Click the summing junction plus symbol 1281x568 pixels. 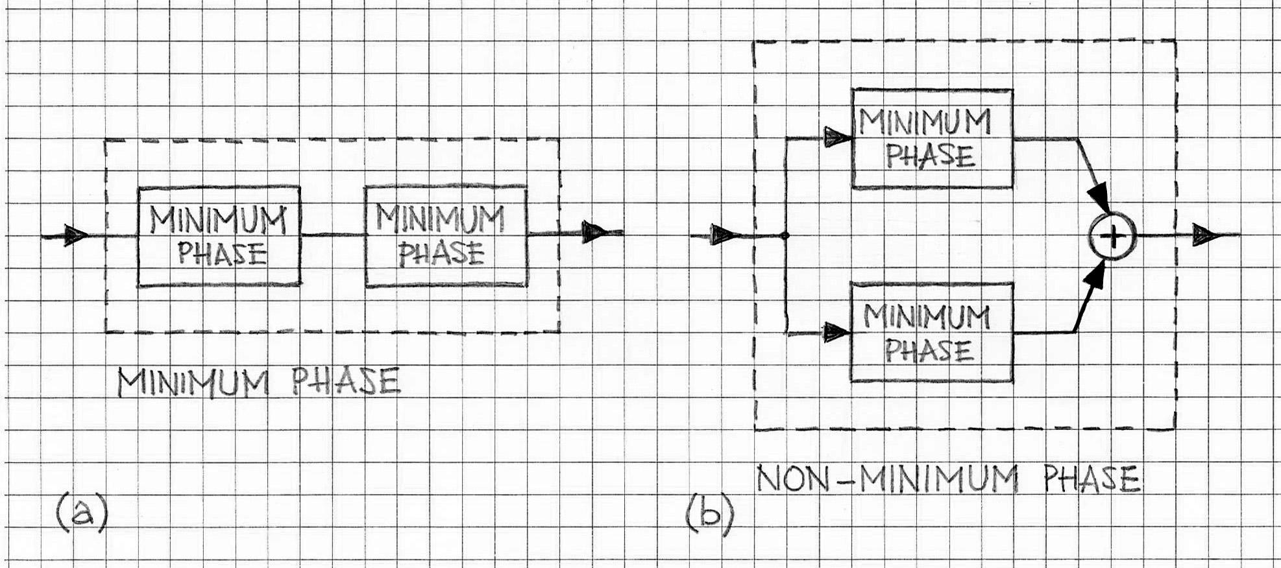(x=1113, y=237)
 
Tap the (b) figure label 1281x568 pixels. (x=709, y=515)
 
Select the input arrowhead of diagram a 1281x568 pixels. (x=75, y=235)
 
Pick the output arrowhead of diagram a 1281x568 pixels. (x=593, y=232)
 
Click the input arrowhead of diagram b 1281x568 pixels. (x=721, y=235)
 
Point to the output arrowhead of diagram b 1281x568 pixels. (x=1205, y=235)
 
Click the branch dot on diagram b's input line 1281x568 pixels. (x=785, y=235)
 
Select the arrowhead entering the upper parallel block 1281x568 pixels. (x=837, y=137)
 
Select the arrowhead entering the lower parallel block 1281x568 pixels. (x=836, y=333)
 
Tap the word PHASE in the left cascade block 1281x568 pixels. (x=222, y=254)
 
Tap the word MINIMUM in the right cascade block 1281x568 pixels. (x=440, y=219)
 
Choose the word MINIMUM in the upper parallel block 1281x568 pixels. (x=925, y=122)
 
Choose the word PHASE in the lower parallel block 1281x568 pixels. (x=929, y=351)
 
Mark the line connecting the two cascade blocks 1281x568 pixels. (x=333, y=235)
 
